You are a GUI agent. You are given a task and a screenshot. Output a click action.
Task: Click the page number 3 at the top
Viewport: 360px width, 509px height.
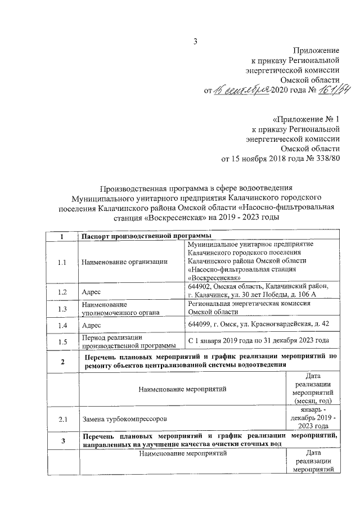click(195, 40)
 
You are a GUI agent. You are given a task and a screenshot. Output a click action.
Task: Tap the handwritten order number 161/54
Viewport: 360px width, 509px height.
click(323, 91)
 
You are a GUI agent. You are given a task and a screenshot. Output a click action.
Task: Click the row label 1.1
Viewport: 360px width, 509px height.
click(62, 262)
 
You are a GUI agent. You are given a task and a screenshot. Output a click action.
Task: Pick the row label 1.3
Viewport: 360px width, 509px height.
click(62, 308)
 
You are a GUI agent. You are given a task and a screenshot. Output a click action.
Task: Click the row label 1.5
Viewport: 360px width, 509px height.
click(62, 341)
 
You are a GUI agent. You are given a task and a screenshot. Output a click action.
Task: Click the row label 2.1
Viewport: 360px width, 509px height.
click(62, 419)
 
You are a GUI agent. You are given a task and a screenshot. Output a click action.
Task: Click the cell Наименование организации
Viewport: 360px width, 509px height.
click(124, 262)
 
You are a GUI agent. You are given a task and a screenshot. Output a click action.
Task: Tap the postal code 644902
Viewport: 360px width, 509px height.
click(201, 287)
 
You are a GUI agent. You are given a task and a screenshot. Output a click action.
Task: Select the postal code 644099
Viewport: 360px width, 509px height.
click(201, 325)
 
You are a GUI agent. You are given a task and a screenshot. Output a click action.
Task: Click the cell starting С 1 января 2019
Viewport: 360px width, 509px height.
click(258, 341)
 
